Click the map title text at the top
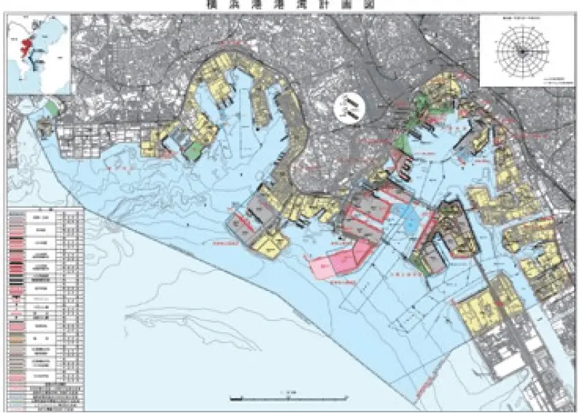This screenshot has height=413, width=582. [290, 4]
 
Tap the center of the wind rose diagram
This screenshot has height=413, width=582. [521, 50]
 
